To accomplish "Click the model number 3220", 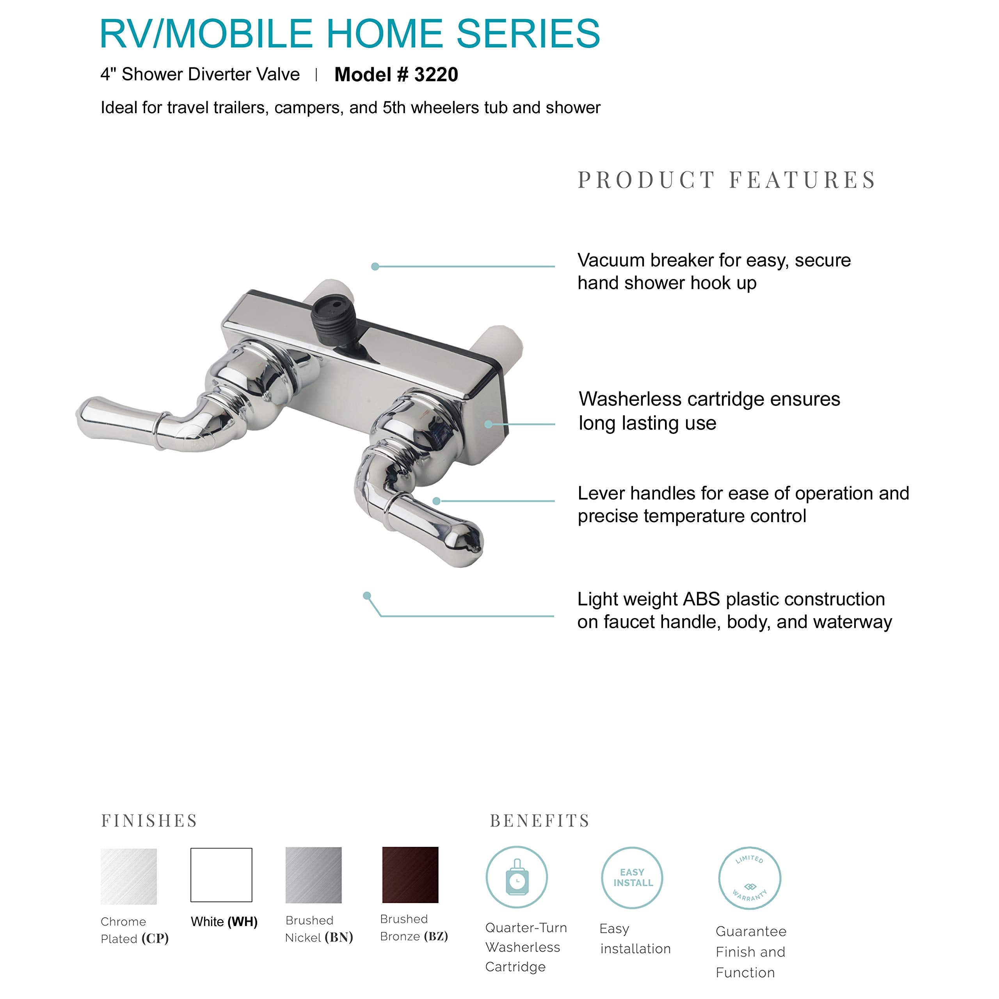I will tap(436, 75).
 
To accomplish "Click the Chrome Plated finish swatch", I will tap(129, 876).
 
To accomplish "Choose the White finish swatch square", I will tap(221, 875).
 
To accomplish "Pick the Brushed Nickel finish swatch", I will tap(313, 875).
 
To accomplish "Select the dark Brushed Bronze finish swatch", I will tap(410, 875).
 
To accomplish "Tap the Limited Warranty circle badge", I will tap(749, 878).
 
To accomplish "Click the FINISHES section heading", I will tap(149, 821).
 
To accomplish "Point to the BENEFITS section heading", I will tap(540, 821).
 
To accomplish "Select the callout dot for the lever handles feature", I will tap(436, 501).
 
